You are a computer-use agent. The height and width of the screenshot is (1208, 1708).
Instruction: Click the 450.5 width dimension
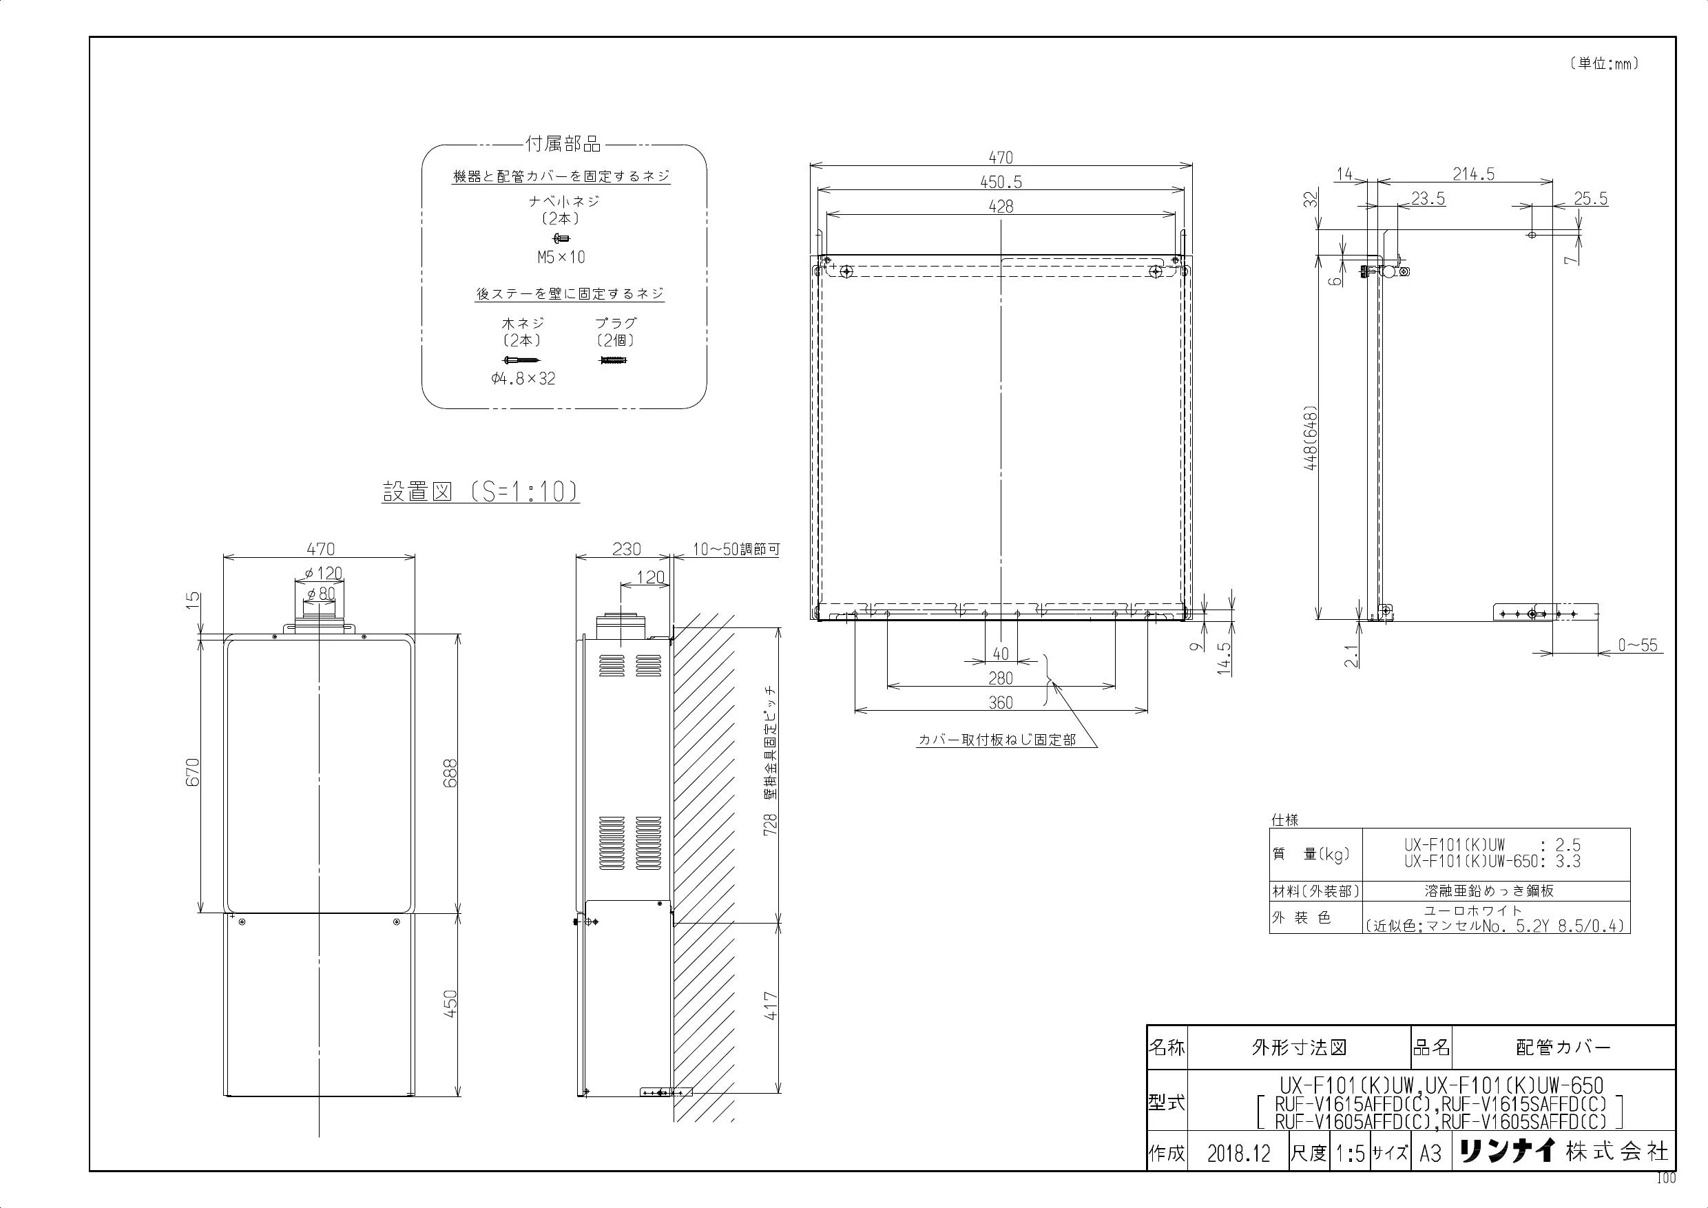[x=1001, y=183]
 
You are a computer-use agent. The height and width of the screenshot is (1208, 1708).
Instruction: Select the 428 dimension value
[x=1001, y=207]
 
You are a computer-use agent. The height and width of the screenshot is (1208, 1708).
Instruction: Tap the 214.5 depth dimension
[x=1473, y=174]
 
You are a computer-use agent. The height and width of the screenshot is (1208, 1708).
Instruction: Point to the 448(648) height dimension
[x=1311, y=437]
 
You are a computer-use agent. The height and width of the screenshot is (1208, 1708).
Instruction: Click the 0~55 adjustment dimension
[x=1638, y=645]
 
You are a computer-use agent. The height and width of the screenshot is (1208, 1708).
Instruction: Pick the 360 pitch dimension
[x=1001, y=702]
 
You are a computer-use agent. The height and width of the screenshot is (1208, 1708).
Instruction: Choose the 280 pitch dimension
[x=1001, y=678]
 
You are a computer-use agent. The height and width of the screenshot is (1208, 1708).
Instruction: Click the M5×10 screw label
[x=562, y=258]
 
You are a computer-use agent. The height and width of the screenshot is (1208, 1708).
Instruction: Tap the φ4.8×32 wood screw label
[x=523, y=379]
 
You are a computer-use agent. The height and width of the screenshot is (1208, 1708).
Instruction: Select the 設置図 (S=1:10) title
[x=481, y=492]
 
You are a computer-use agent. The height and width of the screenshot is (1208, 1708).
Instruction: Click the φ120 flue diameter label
[x=324, y=573]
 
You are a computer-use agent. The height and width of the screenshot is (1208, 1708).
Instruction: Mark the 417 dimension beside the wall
[x=771, y=1006]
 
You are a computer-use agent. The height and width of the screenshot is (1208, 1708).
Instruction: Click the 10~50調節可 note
[x=736, y=550]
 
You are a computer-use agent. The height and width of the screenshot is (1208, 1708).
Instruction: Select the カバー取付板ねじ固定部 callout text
[x=997, y=740]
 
